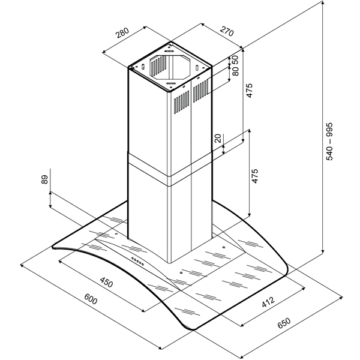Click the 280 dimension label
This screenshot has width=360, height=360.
tap(122, 33)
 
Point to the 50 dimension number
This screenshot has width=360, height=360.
tap(235, 60)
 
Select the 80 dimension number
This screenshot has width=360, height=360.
tap(235, 71)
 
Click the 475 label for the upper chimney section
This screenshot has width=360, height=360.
tap(250, 91)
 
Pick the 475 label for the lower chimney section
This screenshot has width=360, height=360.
tap(255, 176)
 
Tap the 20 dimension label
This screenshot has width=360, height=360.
tap(218, 139)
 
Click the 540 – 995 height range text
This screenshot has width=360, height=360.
tap(329, 141)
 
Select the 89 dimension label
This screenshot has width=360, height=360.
tap(44, 179)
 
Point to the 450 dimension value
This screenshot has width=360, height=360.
tap(107, 283)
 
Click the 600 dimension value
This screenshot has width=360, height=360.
tap(91, 299)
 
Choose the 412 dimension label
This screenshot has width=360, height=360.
tap(268, 302)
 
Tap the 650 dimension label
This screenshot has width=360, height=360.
tap(284, 323)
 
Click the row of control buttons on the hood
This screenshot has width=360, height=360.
tap(137, 261)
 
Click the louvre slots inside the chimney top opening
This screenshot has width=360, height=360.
tap(158, 65)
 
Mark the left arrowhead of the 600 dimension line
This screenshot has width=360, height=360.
tap(22, 266)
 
